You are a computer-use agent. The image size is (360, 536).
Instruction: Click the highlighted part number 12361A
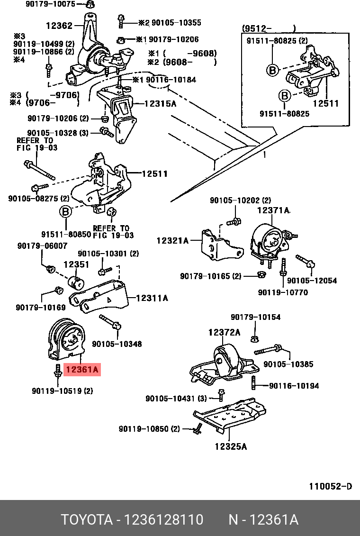83,369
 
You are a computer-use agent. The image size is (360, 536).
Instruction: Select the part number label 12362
59,26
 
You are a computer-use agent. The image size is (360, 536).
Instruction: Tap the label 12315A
160,103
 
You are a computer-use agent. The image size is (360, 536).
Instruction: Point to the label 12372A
224,332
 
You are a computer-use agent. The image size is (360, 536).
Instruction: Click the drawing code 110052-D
330,486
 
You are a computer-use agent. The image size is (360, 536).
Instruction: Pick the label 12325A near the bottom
230,446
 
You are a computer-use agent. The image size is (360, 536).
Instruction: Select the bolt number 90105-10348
117,344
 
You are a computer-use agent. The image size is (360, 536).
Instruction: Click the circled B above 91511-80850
65,211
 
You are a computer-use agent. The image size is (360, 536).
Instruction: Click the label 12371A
273,210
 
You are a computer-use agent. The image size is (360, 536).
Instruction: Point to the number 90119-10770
283,292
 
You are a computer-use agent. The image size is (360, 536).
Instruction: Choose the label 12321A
172,241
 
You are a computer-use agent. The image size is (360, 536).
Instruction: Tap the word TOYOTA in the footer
86,519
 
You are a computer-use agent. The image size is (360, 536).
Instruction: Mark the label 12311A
152,298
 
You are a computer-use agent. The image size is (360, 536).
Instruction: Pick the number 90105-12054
312,281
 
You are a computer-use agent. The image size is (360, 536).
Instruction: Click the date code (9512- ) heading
269,28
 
